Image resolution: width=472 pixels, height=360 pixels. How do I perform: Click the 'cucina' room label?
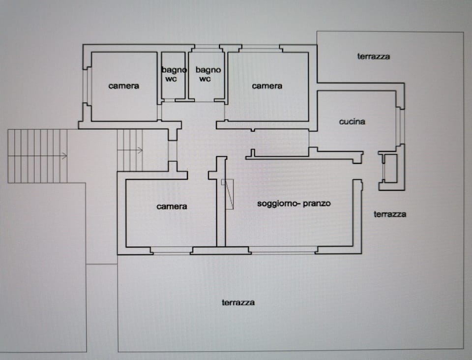tap(352, 121)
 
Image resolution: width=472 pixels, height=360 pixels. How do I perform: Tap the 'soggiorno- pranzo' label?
tap(294, 203)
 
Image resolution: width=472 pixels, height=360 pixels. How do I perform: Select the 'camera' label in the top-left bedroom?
tap(123, 86)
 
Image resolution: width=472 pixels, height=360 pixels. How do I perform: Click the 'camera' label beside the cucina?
tap(267, 86)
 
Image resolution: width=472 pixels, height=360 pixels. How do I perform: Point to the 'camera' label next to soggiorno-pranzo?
tap(172, 207)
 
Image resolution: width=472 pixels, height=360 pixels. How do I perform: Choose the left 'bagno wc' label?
tap(174, 75)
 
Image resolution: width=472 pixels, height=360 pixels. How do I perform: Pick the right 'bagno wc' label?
tap(208, 75)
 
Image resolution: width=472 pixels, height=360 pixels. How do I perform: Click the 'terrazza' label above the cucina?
tap(373, 57)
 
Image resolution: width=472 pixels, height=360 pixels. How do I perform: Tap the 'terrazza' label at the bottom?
tap(238, 302)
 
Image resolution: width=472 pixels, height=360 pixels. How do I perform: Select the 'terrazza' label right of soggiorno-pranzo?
tap(390, 214)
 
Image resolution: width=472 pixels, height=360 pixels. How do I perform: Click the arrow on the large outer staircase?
tap(63, 156)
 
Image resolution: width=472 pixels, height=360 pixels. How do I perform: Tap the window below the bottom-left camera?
tap(171, 250)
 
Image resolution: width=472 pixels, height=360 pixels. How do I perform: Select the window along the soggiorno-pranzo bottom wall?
tap(283, 250)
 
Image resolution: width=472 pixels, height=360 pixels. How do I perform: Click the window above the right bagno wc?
tap(206, 47)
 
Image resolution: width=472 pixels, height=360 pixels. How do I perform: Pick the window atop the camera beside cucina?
tap(261, 48)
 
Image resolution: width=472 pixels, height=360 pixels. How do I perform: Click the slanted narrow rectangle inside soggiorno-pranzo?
tap(228, 194)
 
